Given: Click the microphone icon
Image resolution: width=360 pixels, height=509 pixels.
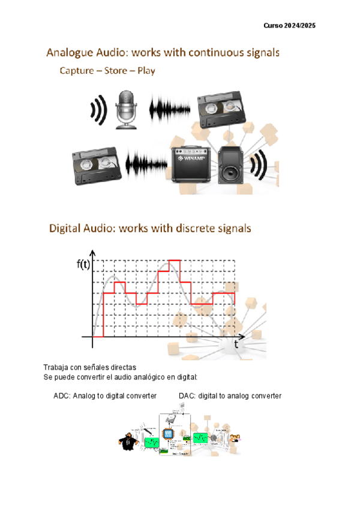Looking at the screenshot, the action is [x=126, y=109].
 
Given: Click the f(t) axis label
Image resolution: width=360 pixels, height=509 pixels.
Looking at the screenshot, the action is [x=84, y=265].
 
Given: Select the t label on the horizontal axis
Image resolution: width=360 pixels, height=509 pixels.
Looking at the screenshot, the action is [x=236, y=346].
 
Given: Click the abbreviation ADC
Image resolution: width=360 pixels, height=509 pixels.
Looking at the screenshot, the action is [x=61, y=396].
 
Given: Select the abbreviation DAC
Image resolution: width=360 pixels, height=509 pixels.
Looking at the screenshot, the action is [x=187, y=396].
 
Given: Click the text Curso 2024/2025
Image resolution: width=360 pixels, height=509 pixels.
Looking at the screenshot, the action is [x=290, y=26].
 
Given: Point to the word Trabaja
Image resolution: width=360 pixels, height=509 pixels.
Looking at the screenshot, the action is [x=56, y=367].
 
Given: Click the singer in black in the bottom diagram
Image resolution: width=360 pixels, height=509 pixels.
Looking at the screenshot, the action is [x=127, y=441].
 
